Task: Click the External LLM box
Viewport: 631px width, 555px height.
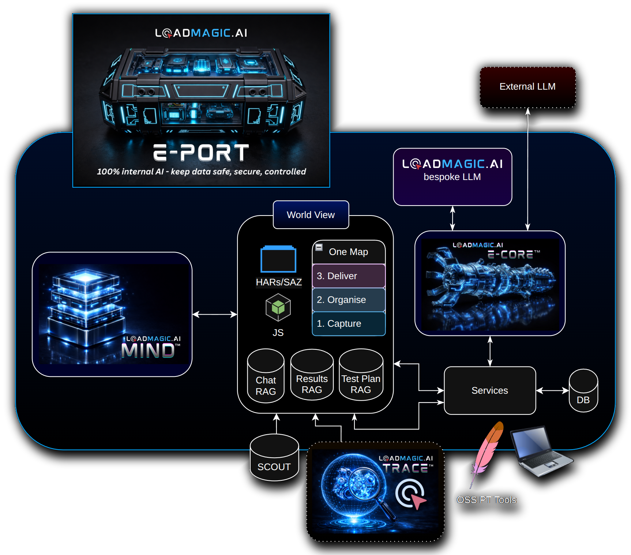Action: point(527,87)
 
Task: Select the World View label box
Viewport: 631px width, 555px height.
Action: point(311,215)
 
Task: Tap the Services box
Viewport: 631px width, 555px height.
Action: point(489,390)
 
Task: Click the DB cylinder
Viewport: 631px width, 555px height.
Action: point(583,391)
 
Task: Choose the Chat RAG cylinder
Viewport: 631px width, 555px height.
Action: point(266,377)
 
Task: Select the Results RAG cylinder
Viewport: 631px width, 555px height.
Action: point(312,376)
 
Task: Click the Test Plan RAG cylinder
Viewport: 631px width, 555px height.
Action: point(361,376)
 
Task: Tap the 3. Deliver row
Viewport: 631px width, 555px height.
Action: point(348,276)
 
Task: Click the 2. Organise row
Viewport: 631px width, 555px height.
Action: point(348,300)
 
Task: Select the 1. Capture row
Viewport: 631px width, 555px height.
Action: point(348,323)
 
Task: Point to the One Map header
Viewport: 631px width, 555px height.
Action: point(348,252)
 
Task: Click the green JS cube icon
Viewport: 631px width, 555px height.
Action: point(278,307)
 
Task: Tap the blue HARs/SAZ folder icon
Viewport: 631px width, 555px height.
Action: point(278,259)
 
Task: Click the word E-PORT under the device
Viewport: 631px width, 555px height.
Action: point(201,153)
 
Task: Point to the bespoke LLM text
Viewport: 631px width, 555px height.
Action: point(452,177)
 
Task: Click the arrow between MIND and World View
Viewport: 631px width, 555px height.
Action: point(215,314)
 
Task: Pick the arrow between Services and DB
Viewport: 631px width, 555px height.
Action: point(552,391)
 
